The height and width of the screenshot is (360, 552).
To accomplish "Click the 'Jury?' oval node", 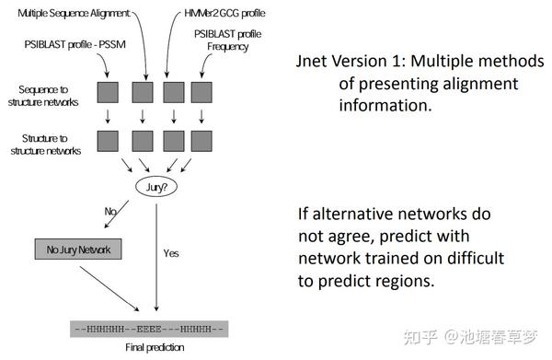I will pos(157,187).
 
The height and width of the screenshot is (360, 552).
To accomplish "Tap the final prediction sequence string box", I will pos(148,327).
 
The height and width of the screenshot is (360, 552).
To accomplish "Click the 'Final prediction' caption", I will pos(154,348).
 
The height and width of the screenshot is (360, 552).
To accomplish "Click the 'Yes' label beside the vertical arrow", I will pos(171,252).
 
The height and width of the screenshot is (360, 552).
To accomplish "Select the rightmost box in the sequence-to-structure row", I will pos(203,92).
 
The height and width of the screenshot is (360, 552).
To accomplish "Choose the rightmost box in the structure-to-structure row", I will pos(203,140).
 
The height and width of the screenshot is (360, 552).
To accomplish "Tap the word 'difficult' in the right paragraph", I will pos(458,257).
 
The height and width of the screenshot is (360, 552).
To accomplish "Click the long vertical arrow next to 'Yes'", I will pos(157,258).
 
